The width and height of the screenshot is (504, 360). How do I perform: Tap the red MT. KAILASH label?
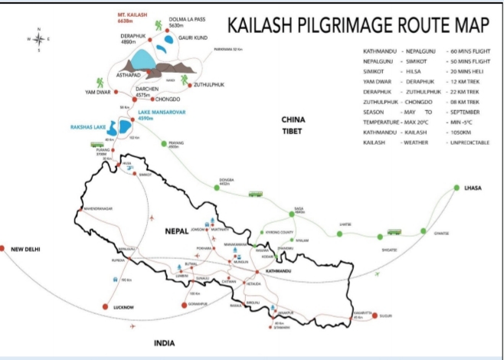click(132, 15)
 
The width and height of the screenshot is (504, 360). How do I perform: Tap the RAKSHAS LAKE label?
click(87, 124)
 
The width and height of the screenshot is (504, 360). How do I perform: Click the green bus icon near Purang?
click(97, 143)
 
